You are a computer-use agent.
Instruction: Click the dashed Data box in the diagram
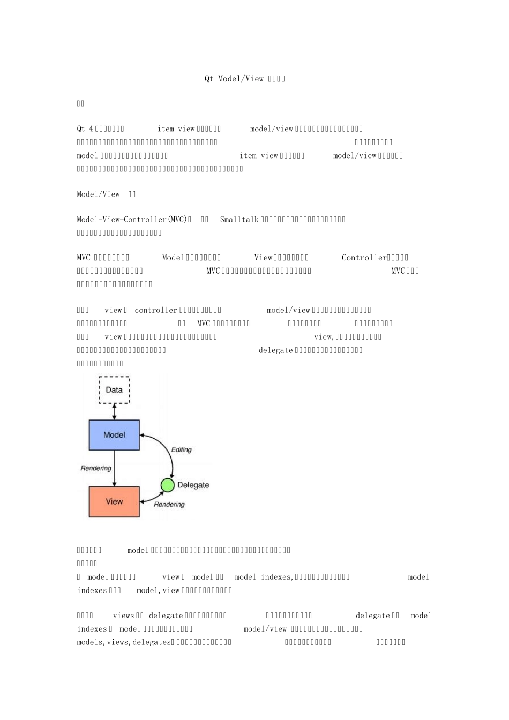[x=114, y=390]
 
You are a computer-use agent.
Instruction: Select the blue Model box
[x=114, y=435]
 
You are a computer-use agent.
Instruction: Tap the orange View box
[x=114, y=501]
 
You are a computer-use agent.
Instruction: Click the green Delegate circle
[x=168, y=485]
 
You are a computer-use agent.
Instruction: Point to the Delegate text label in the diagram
[x=193, y=485]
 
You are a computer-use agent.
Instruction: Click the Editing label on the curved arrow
[x=181, y=449]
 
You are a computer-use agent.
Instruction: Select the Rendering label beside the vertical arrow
[x=96, y=468]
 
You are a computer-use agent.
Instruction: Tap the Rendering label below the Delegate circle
[x=169, y=505]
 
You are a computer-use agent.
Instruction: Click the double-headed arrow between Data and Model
[x=114, y=412]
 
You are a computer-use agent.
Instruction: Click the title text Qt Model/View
[x=234, y=79]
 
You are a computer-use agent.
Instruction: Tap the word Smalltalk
[x=239, y=220]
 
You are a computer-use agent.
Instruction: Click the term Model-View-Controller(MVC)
[x=132, y=220]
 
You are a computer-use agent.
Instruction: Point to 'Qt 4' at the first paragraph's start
[x=85, y=129]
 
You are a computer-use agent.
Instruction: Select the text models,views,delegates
[x=123, y=642]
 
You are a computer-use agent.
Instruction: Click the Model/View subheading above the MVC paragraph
[x=99, y=194]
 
